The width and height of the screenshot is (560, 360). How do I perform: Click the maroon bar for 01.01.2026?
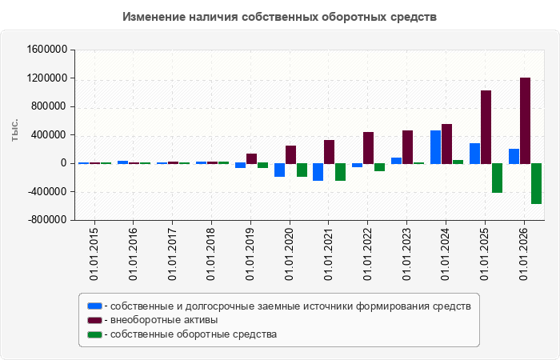coord(525,121)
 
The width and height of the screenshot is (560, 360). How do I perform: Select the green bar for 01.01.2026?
coord(537,183)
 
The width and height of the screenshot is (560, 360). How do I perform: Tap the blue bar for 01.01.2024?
coord(435,147)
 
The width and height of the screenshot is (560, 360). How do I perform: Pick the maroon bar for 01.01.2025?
coord(486,127)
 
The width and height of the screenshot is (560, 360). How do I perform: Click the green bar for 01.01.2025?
coord(497,178)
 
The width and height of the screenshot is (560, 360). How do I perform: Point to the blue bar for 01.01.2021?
coord(318,172)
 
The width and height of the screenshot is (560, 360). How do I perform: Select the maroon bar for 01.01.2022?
coord(368,148)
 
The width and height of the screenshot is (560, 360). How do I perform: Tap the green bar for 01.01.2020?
coord(302,170)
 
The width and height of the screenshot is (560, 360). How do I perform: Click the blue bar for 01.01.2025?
coord(474,154)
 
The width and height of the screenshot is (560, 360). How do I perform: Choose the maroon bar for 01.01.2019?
coord(251,158)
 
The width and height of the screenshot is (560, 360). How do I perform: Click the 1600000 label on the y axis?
coord(47,50)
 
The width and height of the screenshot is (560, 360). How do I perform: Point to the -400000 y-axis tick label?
coord(47,192)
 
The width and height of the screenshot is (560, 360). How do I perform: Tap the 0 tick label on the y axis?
coord(64,163)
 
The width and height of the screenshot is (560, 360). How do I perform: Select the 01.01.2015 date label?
coord(94,254)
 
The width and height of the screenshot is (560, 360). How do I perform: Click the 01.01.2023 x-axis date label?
coord(406,254)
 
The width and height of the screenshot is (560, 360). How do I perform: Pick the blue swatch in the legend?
coord(94,306)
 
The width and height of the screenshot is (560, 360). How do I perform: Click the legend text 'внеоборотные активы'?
coord(164,320)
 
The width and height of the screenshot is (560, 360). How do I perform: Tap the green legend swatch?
coord(94,334)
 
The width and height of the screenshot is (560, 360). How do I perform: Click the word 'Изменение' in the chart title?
coord(154,17)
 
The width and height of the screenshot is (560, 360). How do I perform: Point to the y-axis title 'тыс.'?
coord(14,130)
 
